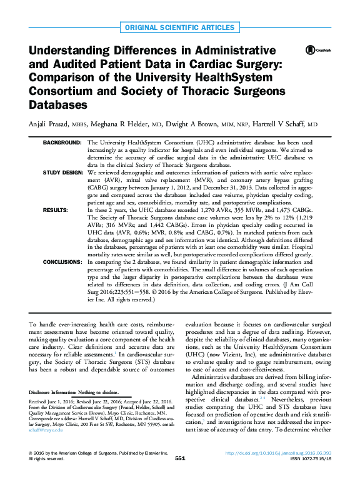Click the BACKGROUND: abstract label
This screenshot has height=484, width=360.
tap(62, 143)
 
